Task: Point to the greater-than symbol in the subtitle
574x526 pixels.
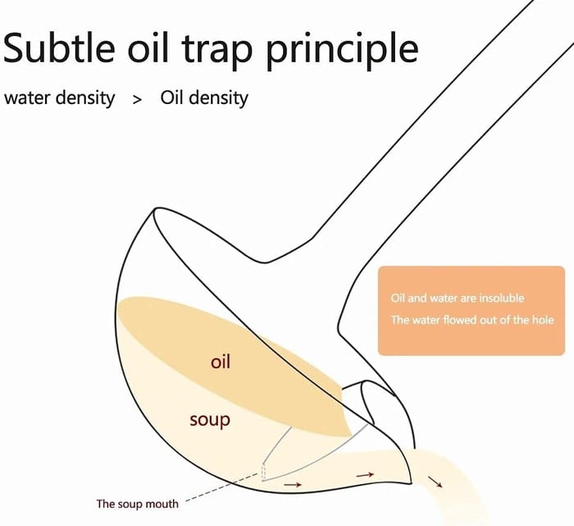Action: tap(137, 99)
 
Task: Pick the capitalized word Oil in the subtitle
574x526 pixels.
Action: tap(174, 98)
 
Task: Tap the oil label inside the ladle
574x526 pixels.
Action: tap(221, 360)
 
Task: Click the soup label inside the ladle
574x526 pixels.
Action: tap(209, 420)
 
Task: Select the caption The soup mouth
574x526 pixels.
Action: tap(137, 503)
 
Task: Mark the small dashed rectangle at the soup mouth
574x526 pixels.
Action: tap(264, 472)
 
